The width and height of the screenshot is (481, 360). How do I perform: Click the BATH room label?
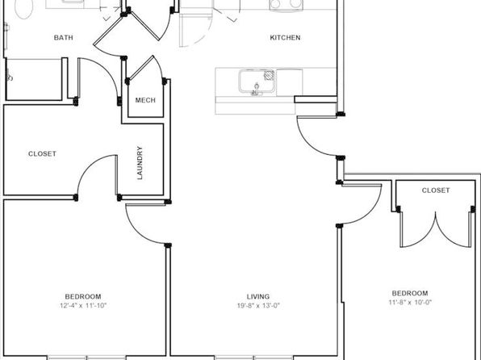click(x=64, y=37)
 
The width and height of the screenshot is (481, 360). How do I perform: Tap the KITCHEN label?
click(x=285, y=37)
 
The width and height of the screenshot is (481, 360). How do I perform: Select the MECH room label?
click(x=145, y=100)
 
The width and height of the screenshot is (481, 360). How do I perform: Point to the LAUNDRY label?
click(x=140, y=163)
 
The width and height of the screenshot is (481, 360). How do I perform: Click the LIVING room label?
click(x=258, y=296)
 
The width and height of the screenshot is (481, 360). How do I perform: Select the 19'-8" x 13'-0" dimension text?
click(x=258, y=306)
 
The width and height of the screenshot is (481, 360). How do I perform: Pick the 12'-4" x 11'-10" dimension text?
click(x=83, y=306)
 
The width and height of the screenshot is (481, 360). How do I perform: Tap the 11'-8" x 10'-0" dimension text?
click(x=410, y=302)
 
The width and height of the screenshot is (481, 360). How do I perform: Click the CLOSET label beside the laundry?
click(x=42, y=153)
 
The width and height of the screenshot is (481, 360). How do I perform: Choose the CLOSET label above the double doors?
click(x=436, y=190)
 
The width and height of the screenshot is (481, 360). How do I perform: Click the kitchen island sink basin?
click(x=257, y=81)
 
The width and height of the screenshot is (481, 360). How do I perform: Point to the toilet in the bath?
click(x=24, y=8)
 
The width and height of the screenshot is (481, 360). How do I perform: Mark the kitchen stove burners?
click(x=285, y=4)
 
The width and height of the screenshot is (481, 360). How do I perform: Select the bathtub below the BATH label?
click(x=34, y=79)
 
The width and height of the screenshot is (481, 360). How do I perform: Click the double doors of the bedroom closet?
click(x=436, y=229)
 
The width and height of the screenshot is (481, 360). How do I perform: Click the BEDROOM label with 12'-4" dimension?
click(x=83, y=296)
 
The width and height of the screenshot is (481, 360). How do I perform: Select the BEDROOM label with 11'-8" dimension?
click(x=410, y=293)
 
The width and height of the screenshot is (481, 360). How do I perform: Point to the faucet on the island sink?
click(x=256, y=90)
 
